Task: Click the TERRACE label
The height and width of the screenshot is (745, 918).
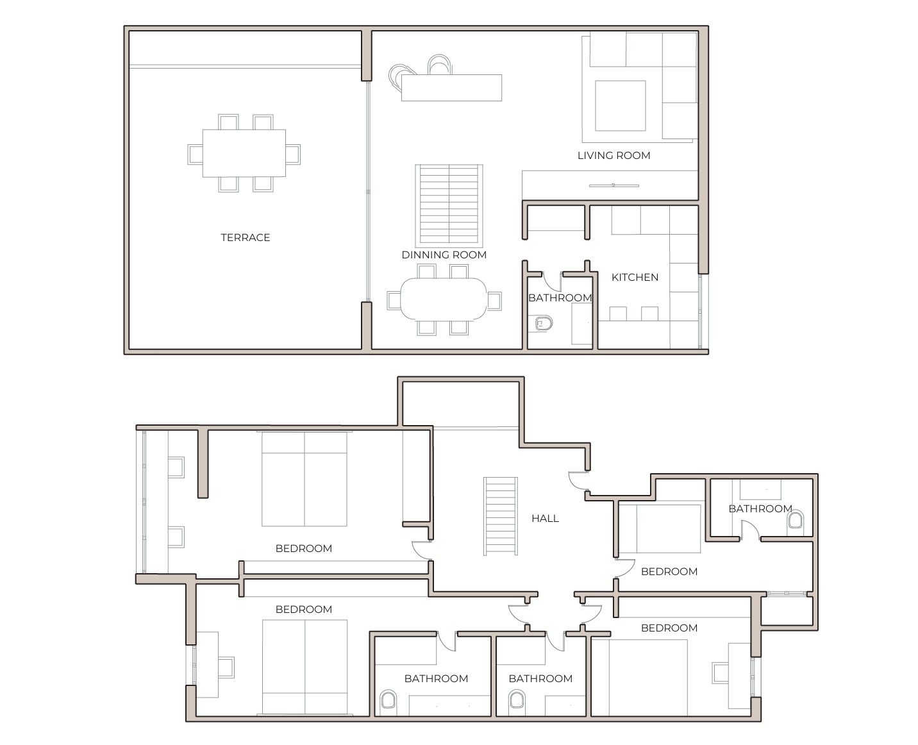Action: point(245,237)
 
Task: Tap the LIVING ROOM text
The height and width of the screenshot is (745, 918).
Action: point(613,155)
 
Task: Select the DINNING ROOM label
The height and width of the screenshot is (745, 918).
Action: point(444,255)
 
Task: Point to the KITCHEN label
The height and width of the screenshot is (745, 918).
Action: point(635,277)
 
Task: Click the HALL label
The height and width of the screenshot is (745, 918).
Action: point(545,518)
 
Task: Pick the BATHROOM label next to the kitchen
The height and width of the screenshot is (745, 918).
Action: point(560,297)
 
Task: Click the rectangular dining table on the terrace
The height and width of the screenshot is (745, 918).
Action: point(244,153)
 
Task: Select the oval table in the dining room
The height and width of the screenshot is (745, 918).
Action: point(443,299)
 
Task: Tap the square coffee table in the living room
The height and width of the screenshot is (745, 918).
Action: point(620,106)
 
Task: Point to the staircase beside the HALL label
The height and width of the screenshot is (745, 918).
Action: point(500,515)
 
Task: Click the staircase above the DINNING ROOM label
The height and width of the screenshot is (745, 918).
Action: point(449,205)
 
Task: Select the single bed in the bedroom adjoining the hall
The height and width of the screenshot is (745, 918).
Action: point(660,528)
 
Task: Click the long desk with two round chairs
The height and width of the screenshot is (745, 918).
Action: point(451,88)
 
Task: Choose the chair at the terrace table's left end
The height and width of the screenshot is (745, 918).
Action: point(195,154)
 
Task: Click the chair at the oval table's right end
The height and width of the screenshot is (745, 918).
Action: point(494,300)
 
